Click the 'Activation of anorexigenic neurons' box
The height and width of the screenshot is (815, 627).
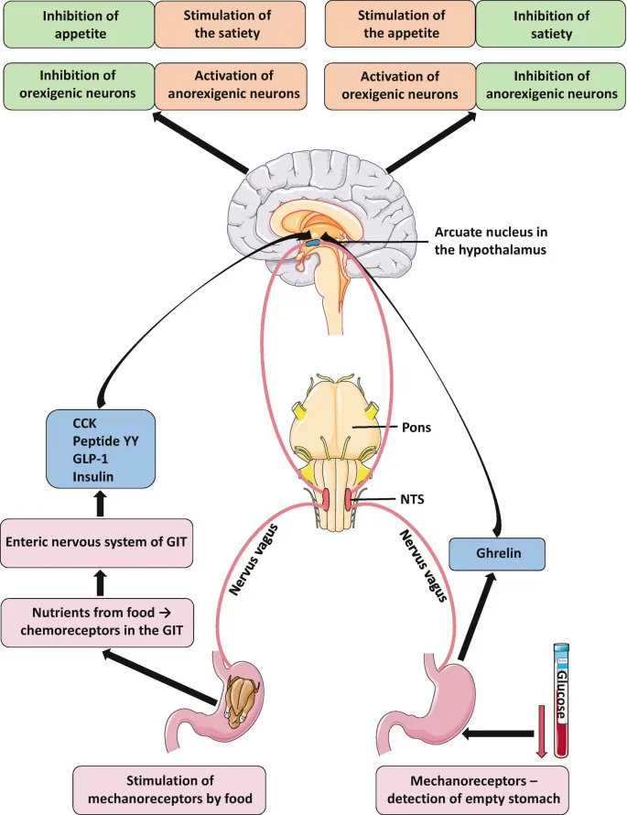[229, 85]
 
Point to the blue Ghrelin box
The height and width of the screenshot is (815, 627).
[498, 554]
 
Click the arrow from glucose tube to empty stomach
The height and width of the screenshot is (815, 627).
[498, 733]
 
